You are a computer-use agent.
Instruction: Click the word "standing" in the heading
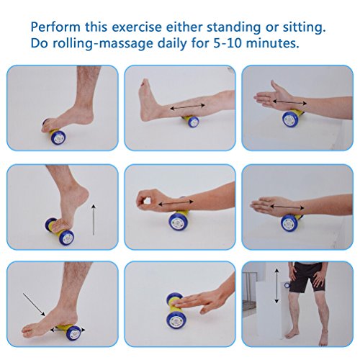click(x=233, y=27)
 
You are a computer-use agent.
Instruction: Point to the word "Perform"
click(x=55, y=27)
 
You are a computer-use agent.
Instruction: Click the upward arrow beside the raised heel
click(x=94, y=220)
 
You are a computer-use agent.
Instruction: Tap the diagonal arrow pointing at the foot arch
click(x=34, y=304)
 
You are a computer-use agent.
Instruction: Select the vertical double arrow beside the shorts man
click(x=276, y=286)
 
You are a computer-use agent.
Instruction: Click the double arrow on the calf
click(x=187, y=107)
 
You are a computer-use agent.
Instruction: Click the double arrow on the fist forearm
click(x=176, y=203)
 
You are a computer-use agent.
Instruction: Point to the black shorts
click(x=306, y=276)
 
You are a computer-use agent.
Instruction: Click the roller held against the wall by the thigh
click(x=287, y=285)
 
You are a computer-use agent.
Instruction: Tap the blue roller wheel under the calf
click(x=193, y=122)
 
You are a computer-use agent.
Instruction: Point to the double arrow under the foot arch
click(x=68, y=330)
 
